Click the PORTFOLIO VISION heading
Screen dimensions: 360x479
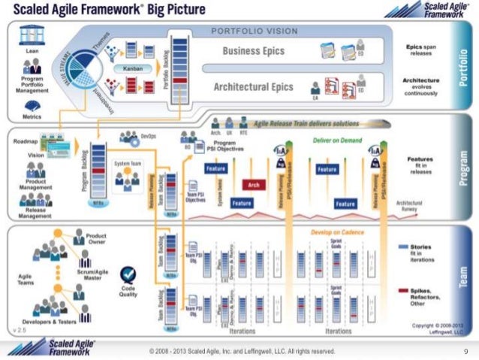click(255, 31)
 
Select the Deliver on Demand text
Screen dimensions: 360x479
click(324, 141)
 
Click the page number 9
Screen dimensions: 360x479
click(466, 351)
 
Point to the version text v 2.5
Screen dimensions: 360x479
click(20, 329)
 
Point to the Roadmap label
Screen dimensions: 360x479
click(23, 141)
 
